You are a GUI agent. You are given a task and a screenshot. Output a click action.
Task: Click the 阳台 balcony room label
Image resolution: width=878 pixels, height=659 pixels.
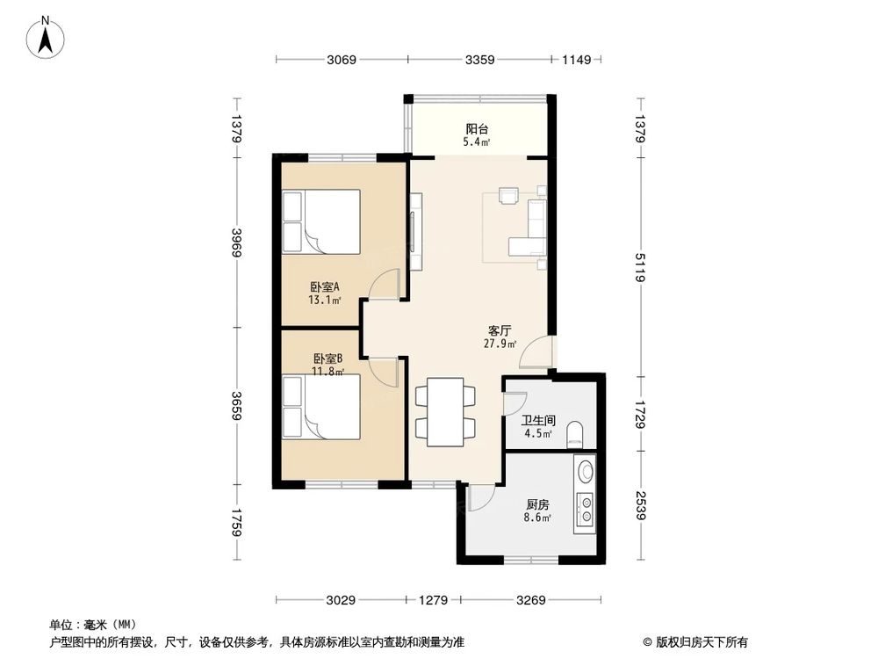[x=477, y=128]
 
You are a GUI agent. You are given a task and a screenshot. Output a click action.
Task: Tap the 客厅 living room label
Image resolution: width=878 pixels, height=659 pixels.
[x=500, y=331]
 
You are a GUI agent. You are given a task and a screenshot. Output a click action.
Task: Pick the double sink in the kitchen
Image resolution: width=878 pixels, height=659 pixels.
[x=585, y=509]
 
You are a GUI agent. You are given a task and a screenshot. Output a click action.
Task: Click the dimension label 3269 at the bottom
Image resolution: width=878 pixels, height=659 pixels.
[x=531, y=601]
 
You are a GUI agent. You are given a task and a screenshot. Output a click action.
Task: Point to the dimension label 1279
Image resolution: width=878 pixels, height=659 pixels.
[x=434, y=601]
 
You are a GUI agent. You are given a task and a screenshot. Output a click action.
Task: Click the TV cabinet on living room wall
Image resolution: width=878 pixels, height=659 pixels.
[x=415, y=232]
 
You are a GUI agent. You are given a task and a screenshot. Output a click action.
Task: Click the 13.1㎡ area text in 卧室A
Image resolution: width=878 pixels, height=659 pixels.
[x=324, y=300]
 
